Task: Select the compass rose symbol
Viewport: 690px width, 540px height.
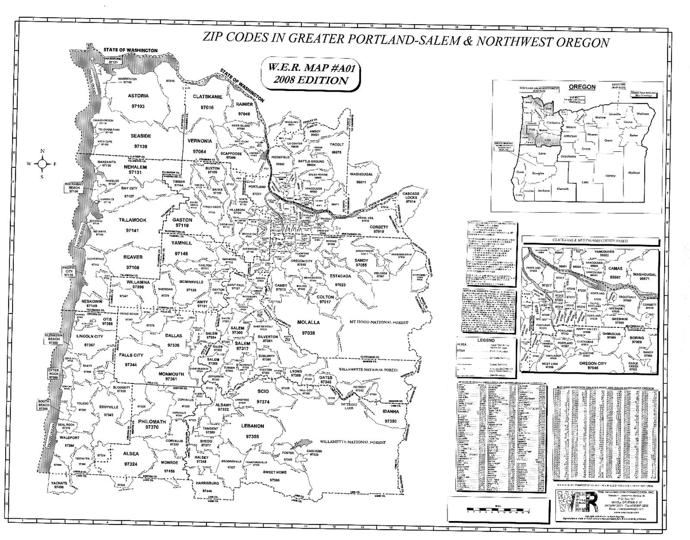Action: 42,164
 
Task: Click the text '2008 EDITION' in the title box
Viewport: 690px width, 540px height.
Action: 311,81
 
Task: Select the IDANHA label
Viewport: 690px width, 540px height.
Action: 390,412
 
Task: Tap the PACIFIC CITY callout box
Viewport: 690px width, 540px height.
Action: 70,271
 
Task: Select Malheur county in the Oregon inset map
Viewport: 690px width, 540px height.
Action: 634,173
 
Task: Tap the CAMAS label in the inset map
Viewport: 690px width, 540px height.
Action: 615,268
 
